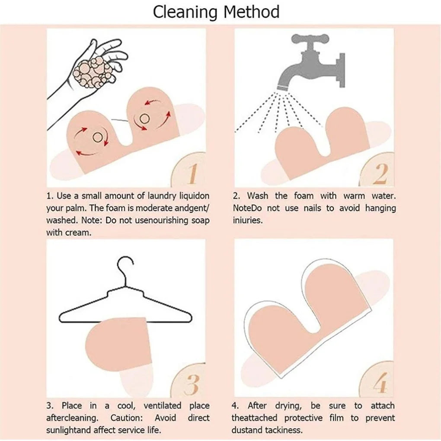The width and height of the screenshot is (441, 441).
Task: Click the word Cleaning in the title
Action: point(185,12)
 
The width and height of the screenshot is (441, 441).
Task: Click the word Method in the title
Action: point(251,12)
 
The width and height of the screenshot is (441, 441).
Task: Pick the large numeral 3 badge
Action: point(191,383)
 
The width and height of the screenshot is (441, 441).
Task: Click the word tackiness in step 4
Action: point(283,430)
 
